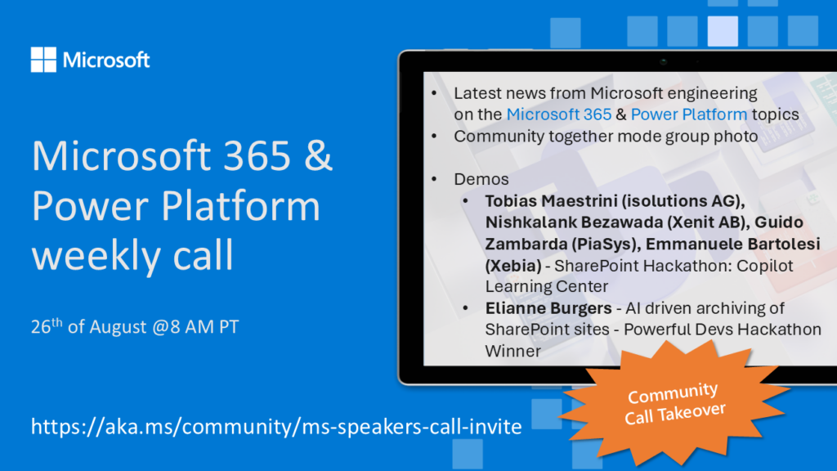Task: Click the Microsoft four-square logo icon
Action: coord(43,59)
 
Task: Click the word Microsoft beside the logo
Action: coord(106,60)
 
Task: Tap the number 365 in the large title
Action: coord(257,155)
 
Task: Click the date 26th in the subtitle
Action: coord(47,325)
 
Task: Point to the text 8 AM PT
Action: coord(204,327)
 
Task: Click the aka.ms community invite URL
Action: coord(276,427)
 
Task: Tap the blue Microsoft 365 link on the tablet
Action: coord(559,114)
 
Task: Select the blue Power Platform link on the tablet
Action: coord(688,114)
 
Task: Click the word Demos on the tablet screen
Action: coord(481,179)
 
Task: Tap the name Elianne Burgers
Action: coord(548,308)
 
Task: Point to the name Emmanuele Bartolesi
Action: coord(732,244)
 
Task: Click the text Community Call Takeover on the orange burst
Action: coord(675,403)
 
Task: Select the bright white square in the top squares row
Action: coord(723,31)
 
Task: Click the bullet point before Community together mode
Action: coord(434,137)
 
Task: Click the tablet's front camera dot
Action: coord(664,62)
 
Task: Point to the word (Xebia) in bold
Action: coord(513,266)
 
